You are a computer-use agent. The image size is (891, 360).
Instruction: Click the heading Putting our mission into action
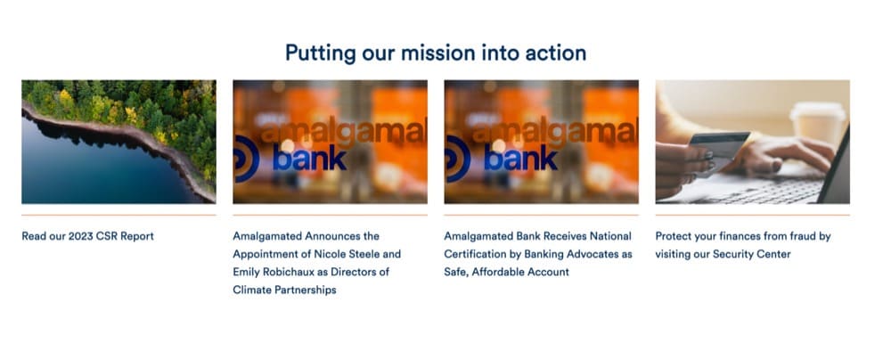pyautogui.click(x=436, y=53)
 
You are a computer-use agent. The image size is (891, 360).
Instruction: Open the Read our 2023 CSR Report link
pyautogui.click(x=87, y=236)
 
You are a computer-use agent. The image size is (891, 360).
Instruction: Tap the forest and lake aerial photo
pyautogui.click(x=119, y=142)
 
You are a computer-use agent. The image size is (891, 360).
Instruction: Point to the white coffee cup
pyautogui.click(x=817, y=123)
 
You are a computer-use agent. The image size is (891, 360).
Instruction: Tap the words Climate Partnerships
pyautogui.click(x=285, y=290)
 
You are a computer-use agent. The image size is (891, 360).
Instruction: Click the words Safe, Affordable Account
pyautogui.click(x=506, y=273)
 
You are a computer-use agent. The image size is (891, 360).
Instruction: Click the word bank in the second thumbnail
pyautogui.click(x=310, y=158)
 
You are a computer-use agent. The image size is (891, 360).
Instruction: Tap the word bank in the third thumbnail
pyautogui.click(x=521, y=158)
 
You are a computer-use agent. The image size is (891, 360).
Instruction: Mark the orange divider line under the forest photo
pyautogui.click(x=119, y=215)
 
